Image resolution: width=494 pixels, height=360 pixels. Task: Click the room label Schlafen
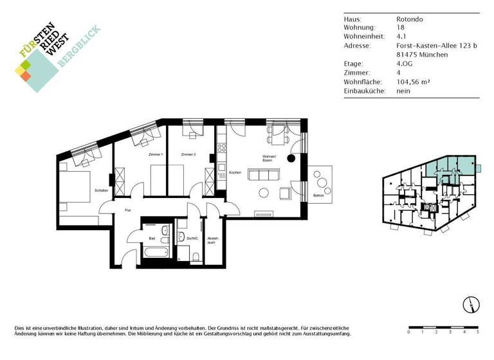[x=102, y=191]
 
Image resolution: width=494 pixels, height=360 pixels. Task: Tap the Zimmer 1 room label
[x=155, y=155]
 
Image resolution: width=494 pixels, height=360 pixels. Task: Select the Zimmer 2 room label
[x=188, y=155]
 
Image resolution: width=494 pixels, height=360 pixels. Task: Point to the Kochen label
[x=235, y=173]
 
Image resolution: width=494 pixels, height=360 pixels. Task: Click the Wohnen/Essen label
[x=269, y=160]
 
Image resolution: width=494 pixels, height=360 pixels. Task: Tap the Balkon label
[x=318, y=195]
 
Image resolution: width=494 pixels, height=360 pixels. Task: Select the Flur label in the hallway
[x=128, y=210]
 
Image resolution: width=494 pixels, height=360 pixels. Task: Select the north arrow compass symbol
[x=470, y=305]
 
